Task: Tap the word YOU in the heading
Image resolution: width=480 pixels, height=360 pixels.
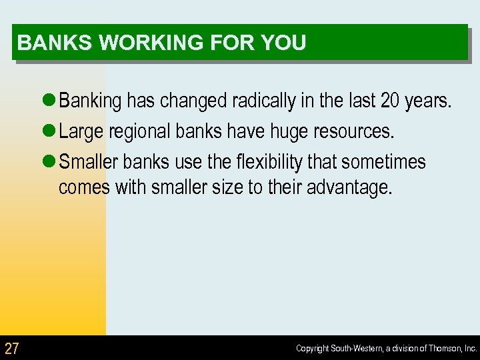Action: [283, 43]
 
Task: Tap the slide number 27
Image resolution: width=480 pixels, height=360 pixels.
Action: [12, 348]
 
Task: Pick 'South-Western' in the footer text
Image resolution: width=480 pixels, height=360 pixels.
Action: [355, 349]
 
